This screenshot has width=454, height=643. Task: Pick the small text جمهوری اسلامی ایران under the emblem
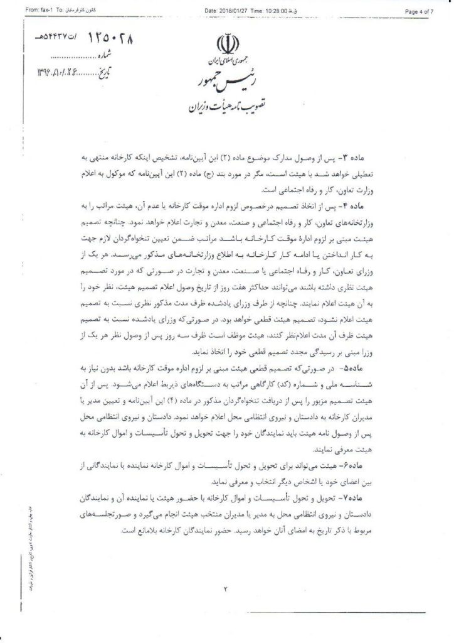click(226, 63)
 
